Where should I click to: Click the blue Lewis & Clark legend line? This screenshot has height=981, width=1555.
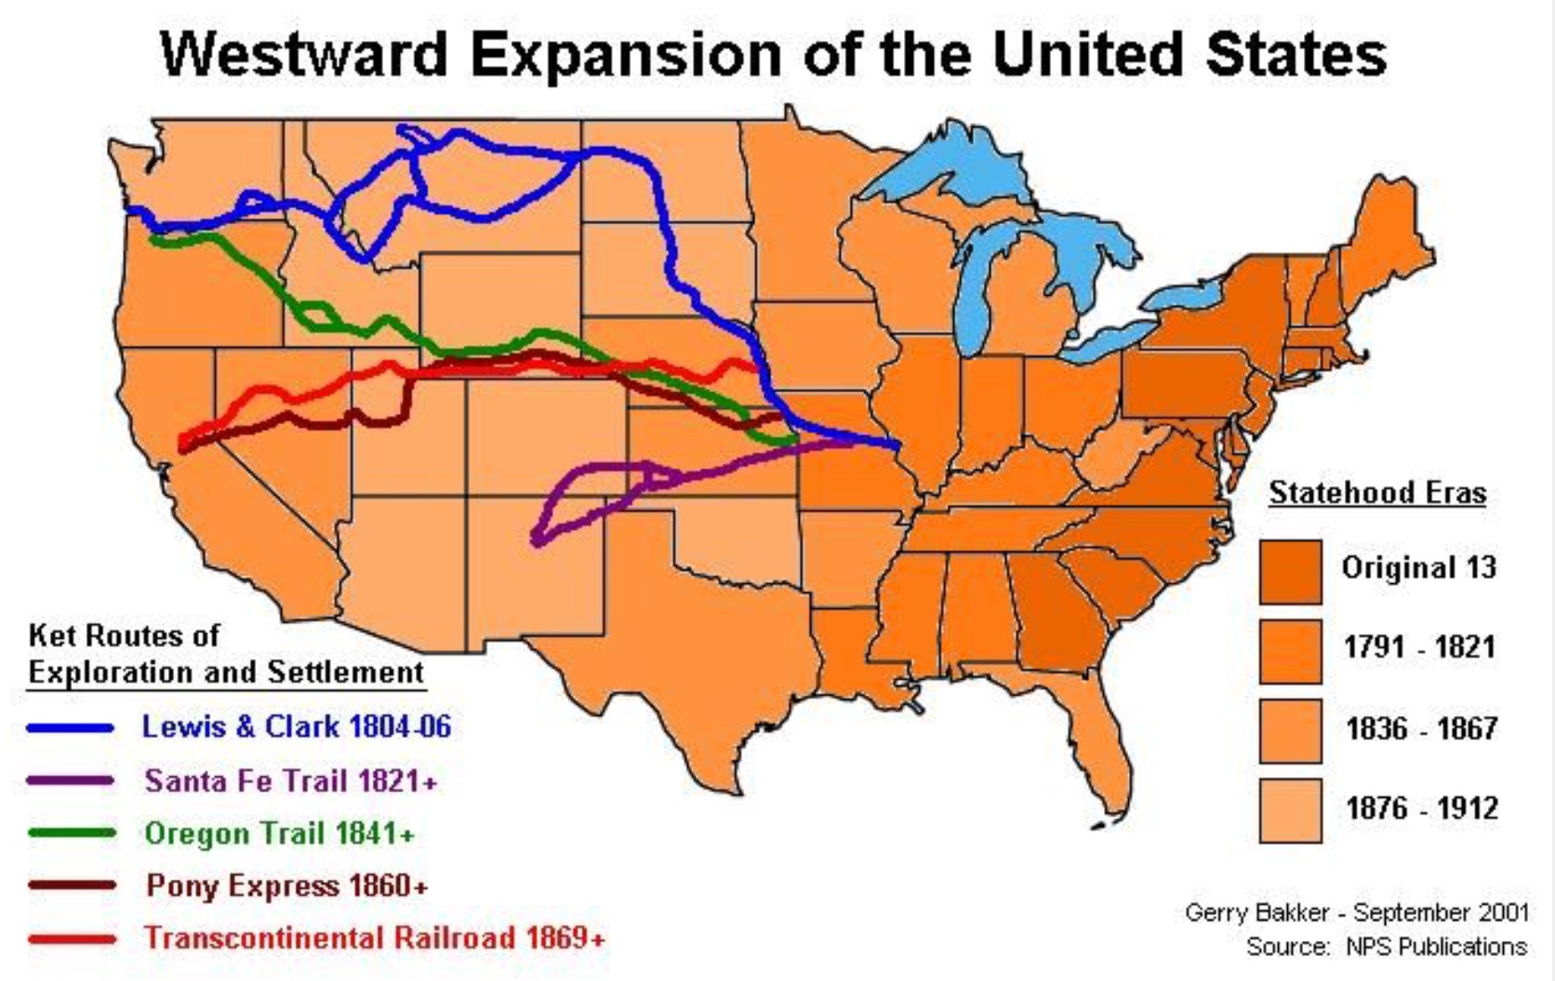tap(71, 728)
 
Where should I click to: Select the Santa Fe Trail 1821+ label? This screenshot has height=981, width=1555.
tap(290, 780)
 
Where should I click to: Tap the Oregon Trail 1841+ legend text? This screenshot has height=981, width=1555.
tap(279, 833)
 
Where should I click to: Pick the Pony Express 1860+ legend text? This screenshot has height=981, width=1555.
tap(286, 885)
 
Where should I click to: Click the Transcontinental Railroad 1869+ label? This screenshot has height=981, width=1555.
tap(374, 937)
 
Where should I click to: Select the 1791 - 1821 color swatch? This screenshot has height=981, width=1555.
tap(1291, 652)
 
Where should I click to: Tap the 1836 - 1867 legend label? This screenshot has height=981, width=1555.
tap(1421, 728)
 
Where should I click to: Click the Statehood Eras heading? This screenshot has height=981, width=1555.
tap(1377, 493)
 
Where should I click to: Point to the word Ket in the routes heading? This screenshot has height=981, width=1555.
tap(50, 636)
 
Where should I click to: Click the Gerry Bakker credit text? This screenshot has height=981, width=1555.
tap(1356, 912)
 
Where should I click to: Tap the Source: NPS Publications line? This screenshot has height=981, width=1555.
tap(1386, 947)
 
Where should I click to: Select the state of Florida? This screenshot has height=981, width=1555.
tap(1097, 744)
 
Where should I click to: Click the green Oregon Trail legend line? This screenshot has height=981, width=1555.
tap(71, 833)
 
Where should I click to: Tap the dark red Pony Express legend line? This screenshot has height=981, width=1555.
tap(71, 885)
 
